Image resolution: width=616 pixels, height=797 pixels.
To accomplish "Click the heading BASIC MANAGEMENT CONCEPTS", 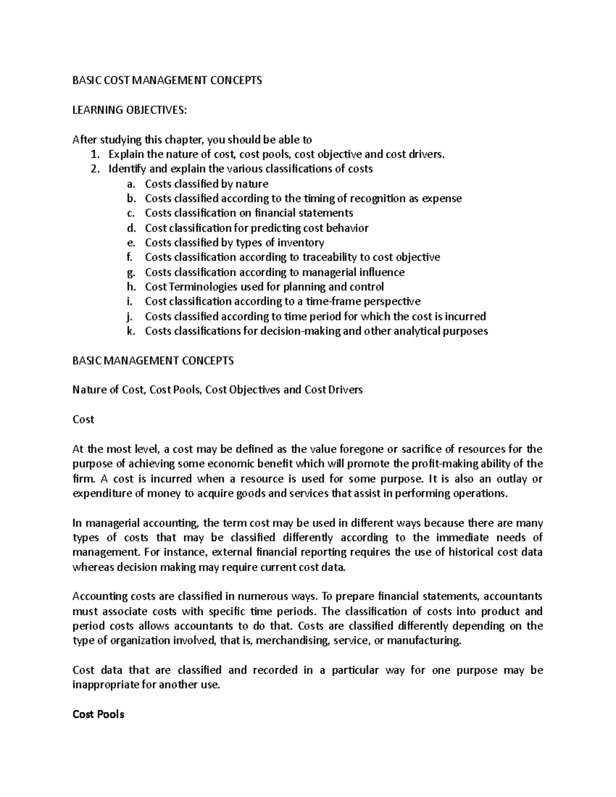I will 153,360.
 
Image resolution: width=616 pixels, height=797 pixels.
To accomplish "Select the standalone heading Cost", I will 83,419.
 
